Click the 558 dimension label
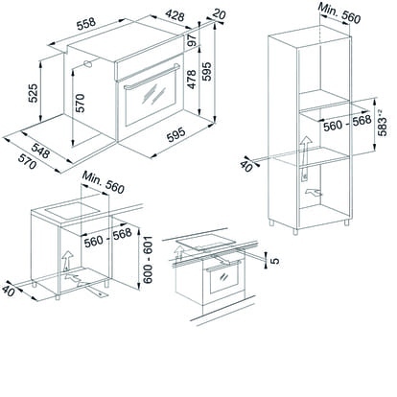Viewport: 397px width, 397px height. click(x=86, y=24)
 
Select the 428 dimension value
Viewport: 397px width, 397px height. click(x=175, y=14)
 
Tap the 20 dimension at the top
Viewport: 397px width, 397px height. click(x=220, y=13)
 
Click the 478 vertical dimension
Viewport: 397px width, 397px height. click(x=192, y=79)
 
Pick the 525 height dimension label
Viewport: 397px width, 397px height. click(x=33, y=93)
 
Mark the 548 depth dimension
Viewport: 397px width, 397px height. click(x=40, y=151)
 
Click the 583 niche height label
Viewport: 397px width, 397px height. click(x=382, y=123)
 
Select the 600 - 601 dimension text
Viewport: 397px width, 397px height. click(x=148, y=260)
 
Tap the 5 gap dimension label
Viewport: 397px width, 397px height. click(x=274, y=261)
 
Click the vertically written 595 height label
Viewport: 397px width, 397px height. click(x=207, y=71)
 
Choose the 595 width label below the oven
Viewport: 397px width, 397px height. click(x=176, y=134)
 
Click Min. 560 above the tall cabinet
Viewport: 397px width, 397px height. click(x=339, y=13)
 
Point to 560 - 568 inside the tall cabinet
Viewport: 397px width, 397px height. click(x=347, y=123)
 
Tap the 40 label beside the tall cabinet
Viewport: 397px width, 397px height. click(x=246, y=166)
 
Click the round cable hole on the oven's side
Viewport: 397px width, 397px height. click(x=87, y=63)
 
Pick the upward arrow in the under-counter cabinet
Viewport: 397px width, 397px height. click(x=67, y=261)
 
